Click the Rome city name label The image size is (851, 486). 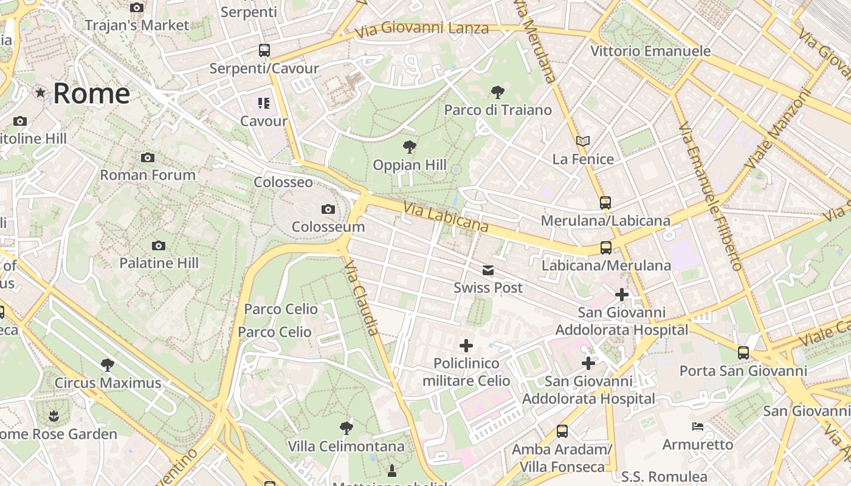(x=91, y=94)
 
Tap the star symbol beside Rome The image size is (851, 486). (x=41, y=93)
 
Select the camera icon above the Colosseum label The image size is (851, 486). (x=328, y=210)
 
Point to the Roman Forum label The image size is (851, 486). (x=148, y=175)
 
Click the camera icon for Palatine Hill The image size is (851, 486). (x=159, y=246)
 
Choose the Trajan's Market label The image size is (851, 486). (x=137, y=26)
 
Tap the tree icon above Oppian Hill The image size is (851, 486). (x=410, y=146)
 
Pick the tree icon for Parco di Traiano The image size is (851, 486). (x=498, y=92)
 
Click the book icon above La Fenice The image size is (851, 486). (x=583, y=142)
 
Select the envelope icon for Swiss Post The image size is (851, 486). (x=488, y=270)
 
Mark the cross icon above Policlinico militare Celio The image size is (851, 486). (x=466, y=346)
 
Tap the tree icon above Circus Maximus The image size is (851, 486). (x=108, y=365)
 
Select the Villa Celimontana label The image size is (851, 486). (x=346, y=447)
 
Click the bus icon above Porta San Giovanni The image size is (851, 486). (x=743, y=353)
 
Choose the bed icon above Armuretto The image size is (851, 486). (x=698, y=426)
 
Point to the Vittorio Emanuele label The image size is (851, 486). (x=650, y=51)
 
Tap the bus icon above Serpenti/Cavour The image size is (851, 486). (x=264, y=50)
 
